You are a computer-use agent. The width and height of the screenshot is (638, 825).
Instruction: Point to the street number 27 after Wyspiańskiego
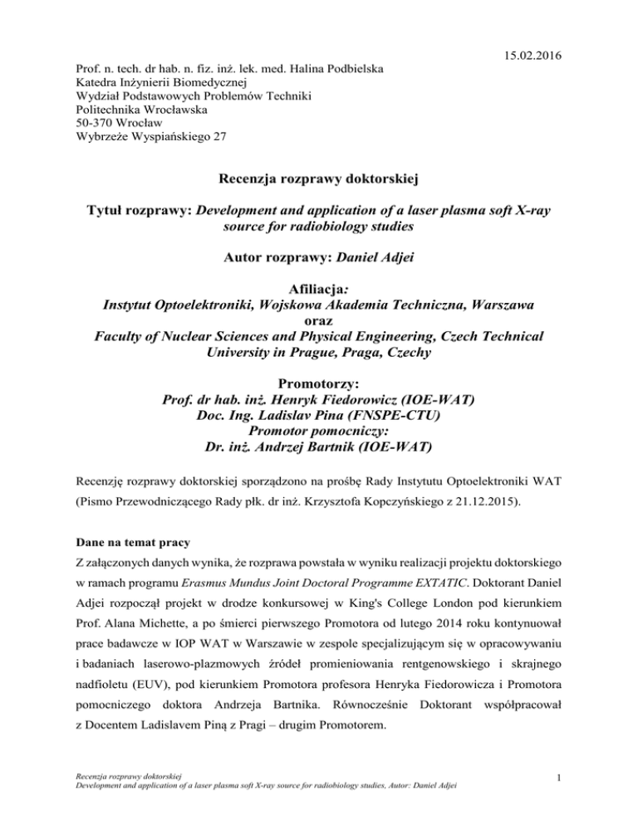coord(217,137)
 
